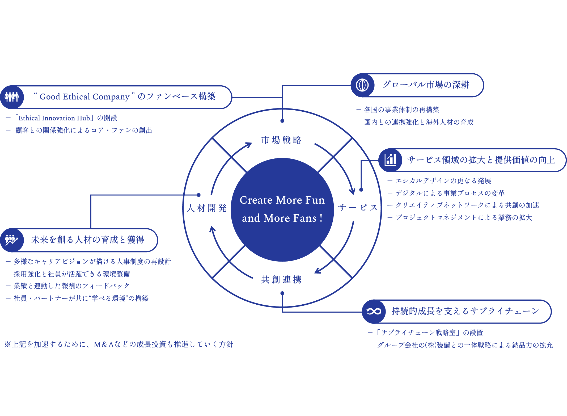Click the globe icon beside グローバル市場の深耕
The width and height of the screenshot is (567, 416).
(x=362, y=85)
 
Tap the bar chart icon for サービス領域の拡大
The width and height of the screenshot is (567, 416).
(x=390, y=160)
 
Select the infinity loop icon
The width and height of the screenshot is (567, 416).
(x=374, y=311)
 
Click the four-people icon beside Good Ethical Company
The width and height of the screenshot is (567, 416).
(x=12, y=97)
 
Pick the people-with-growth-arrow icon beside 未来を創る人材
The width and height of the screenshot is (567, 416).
(x=11, y=240)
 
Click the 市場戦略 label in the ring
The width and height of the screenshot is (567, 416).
(x=281, y=140)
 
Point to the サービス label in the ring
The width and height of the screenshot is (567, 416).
(x=358, y=208)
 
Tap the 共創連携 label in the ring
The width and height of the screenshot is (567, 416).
(x=281, y=279)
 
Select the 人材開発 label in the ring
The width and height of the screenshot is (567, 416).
(x=207, y=208)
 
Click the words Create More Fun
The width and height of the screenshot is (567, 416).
(x=282, y=200)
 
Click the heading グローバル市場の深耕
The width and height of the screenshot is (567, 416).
(x=426, y=85)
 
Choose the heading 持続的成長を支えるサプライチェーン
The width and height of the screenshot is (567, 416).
(x=465, y=311)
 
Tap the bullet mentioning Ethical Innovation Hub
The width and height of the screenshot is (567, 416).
(x=62, y=118)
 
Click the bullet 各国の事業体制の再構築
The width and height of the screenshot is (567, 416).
(x=398, y=110)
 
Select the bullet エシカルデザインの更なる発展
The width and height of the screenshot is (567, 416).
(x=439, y=181)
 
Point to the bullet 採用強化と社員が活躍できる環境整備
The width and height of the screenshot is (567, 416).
(x=68, y=274)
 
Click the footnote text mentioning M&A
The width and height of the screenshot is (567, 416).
(x=119, y=344)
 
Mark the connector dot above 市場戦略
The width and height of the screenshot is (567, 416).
(x=282, y=121)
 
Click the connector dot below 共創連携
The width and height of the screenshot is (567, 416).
(x=282, y=293)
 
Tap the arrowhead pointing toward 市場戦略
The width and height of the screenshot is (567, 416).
(x=249, y=145)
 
